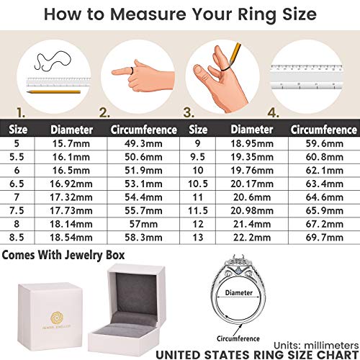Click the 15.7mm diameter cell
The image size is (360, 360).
click(71, 144)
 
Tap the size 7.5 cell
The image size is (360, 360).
click(16, 210)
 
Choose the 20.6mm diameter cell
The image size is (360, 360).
click(251, 197)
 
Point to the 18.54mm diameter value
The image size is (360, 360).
click(71, 236)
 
